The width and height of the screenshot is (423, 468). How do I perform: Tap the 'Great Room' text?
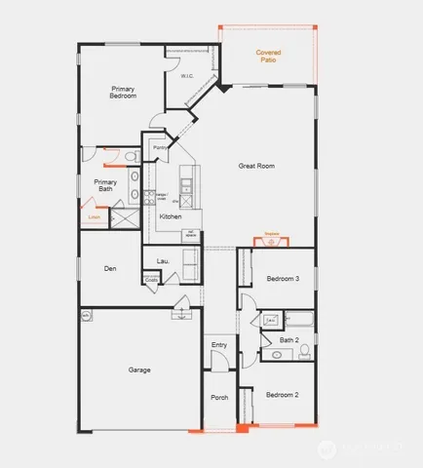pyautogui.click(x=256, y=166)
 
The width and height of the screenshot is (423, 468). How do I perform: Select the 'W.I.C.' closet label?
pyautogui.click(x=187, y=76)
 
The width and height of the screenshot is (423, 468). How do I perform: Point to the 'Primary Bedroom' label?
pyautogui.click(x=122, y=93)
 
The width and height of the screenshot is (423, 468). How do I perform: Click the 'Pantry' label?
pyautogui.click(x=160, y=148)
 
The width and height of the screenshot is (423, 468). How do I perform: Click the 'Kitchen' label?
pyautogui.click(x=171, y=215)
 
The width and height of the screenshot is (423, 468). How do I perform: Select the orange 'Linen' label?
pyautogui.click(x=94, y=218)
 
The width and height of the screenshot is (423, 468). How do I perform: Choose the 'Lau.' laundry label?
pyautogui.click(x=163, y=260)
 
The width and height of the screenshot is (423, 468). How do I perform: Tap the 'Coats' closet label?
pyautogui.click(x=151, y=280)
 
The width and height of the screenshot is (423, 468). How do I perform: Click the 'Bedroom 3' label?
pyautogui.click(x=283, y=280)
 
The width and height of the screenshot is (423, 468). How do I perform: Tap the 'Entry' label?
pyautogui.click(x=219, y=346)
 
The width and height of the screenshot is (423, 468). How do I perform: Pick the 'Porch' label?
pyautogui.click(x=219, y=398)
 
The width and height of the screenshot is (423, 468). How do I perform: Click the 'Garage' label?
pyautogui.click(x=140, y=370)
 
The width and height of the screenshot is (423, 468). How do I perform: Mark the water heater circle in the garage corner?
pyautogui.click(x=87, y=315)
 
